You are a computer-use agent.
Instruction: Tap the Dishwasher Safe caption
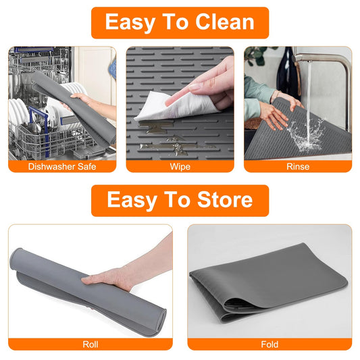62,166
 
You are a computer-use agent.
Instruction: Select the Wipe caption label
180,166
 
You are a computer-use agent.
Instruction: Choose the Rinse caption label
297,166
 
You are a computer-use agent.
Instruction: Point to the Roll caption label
90,344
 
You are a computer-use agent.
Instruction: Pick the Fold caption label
269,344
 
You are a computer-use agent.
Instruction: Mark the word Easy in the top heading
130,22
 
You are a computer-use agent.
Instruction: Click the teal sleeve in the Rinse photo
255,95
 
